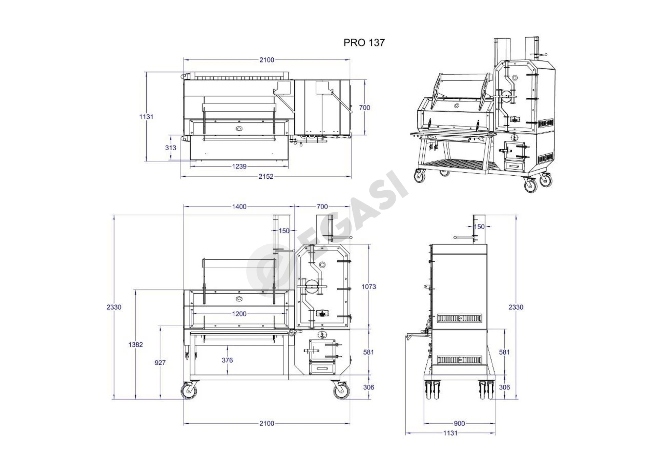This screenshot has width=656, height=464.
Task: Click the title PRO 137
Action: (x=364, y=42)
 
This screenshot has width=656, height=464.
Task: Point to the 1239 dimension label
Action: (x=239, y=166)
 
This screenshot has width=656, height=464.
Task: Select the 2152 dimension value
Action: (x=266, y=177)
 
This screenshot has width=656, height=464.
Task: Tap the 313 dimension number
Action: (x=170, y=148)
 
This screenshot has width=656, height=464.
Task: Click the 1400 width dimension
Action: (x=239, y=207)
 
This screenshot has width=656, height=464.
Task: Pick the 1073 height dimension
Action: (x=369, y=287)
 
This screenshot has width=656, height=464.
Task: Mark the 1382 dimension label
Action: (x=136, y=345)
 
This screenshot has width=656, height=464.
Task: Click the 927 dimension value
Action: (x=160, y=363)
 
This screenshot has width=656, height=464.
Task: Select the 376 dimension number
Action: (x=227, y=360)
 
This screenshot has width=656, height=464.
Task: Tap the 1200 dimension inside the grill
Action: (x=239, y=314)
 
